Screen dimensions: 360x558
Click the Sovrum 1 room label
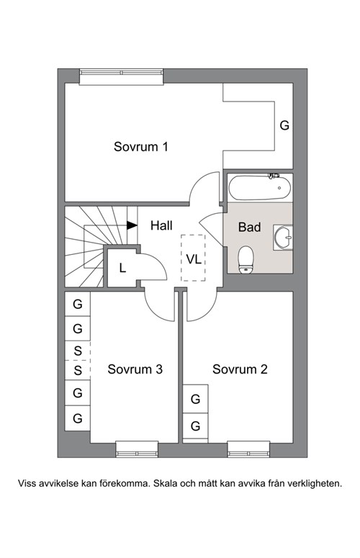click(140, 146)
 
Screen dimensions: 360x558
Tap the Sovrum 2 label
click(240, 369)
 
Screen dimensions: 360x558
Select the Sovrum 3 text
click(135, 369)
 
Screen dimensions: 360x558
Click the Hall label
click(161, 225)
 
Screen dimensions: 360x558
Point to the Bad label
click(249, 227)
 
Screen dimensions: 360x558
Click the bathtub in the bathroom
click(260, 187)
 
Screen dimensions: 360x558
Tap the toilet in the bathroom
click(246, 260)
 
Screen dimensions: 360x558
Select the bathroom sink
click(283, 237)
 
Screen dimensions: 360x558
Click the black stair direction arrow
click(132, 225)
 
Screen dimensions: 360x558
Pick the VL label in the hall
click(194, 259)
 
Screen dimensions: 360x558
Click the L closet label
click(122, 268)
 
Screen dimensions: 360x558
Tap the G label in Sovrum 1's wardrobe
click(284, 125)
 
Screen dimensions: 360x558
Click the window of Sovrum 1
click(121, 76)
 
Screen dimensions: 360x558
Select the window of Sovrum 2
click(248, 449)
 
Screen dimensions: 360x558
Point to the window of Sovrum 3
click(137, 449)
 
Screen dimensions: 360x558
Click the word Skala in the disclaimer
click(166, 484)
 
